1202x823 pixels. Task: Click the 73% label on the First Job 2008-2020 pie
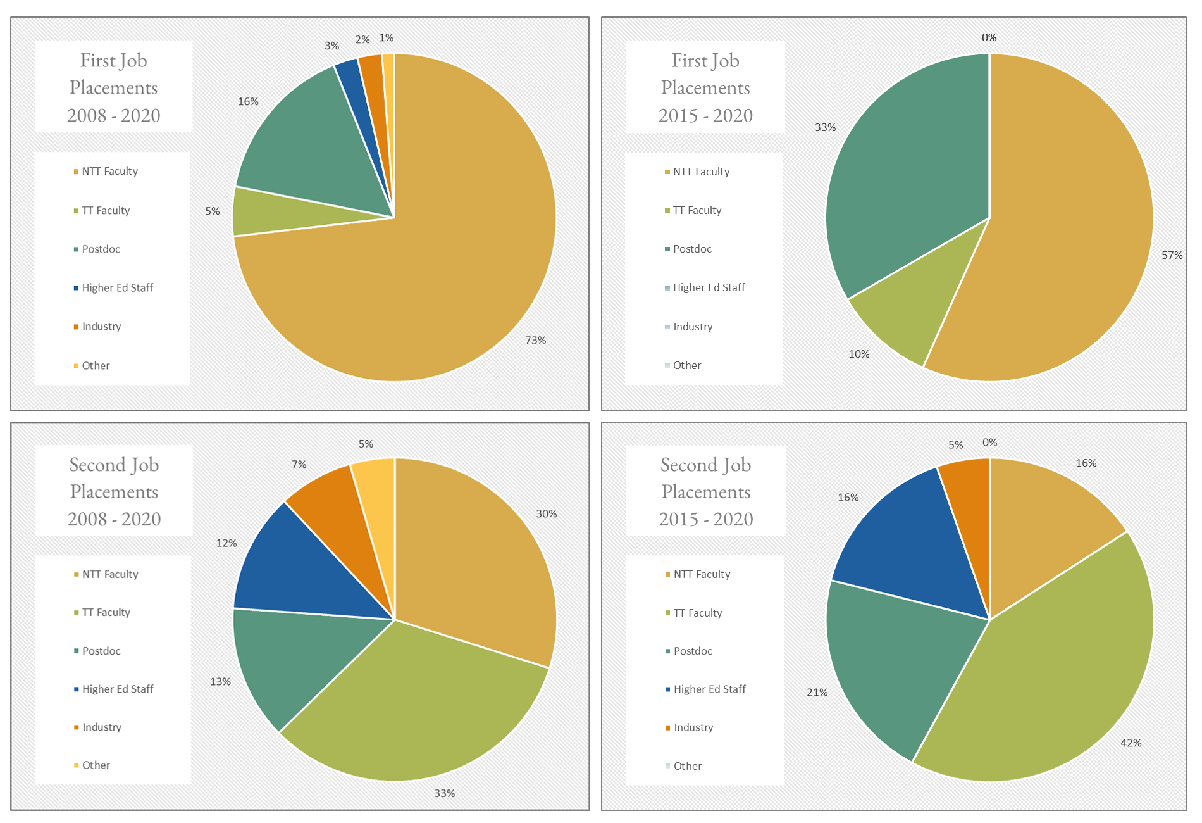click(x=535, y=341)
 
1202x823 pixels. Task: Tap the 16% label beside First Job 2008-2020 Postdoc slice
click(x=248, y=101)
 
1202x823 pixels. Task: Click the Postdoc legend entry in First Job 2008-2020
click(x=101, y=249)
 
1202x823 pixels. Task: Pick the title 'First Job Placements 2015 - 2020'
click(x=705, y=87)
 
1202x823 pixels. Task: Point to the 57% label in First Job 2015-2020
click(x=1172, y=255)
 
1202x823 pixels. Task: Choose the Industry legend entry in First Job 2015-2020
click(x=692, y=327)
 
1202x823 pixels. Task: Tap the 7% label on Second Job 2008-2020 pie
click(x=299, y=465)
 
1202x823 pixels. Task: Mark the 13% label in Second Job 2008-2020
click(x=220, y=682)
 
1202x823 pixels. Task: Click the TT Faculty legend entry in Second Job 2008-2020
click(x=106, y=612)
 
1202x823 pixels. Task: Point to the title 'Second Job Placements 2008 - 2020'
click(x=114, y=491)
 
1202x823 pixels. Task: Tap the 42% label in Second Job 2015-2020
click(x=1131, y=743)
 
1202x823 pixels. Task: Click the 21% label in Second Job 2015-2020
click(x=817, y=693)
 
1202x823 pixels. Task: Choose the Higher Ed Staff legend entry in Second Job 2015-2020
click(x=709, y=689)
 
